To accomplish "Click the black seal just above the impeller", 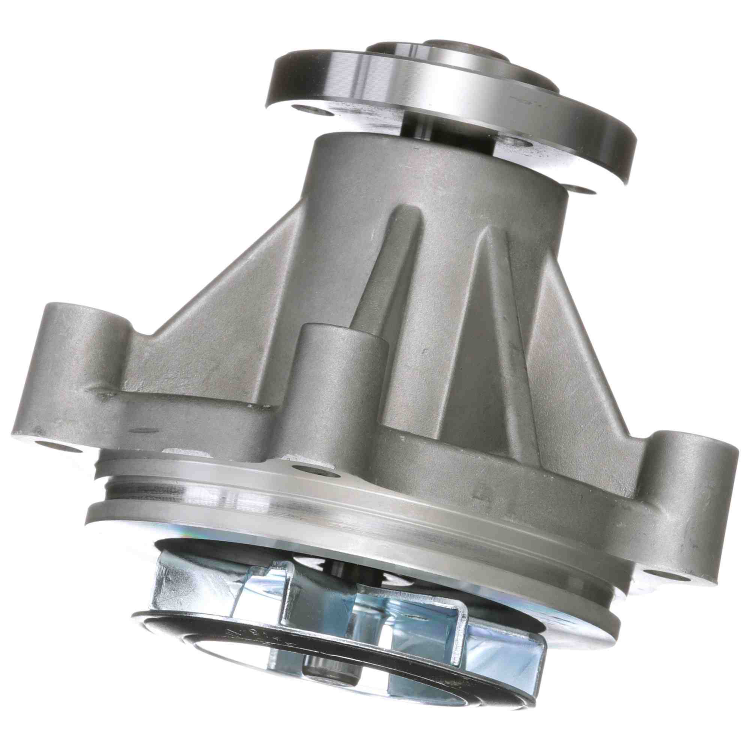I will click(233, 543).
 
